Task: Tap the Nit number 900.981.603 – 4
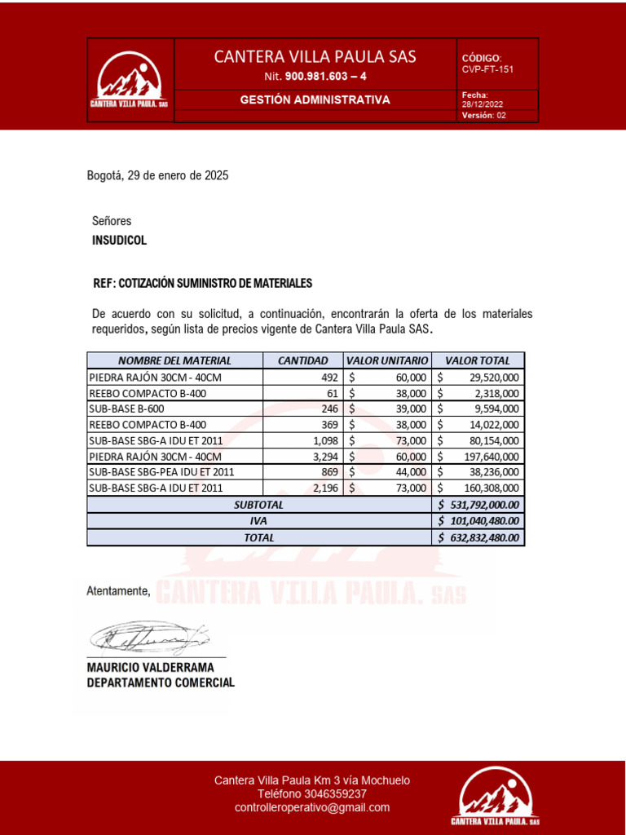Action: (x=325, y=77)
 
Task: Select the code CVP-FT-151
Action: (x=487, y=69)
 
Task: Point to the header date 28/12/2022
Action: (x=483, y=104)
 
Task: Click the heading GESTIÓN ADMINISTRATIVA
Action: (x=315, y=99)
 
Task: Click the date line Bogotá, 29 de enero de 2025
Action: (x=157, y=175)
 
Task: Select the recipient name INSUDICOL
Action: (x=120, y=241)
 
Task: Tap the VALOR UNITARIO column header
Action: (x=386, y=360)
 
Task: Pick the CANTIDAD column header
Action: (x=302, y=360)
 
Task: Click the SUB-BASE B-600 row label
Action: (x=123, y=409)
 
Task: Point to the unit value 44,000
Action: (x=410, y=471)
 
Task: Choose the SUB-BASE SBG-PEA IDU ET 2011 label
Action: (x=161, y=471)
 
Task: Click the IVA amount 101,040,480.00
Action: (x=484, y=521)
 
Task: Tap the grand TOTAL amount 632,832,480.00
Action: (x=484, y=537)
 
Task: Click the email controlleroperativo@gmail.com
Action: (x=312, y=807)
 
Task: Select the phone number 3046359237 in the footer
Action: (x=335, y=793)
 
